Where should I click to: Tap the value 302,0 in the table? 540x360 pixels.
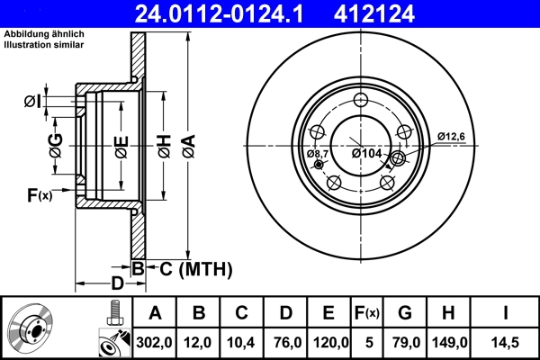click(154, 342)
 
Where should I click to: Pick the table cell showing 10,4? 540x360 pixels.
click(241, 342)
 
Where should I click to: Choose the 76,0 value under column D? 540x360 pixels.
click(285, 342)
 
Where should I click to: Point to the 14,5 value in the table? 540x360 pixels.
click(505, 342)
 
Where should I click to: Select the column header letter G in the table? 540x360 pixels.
click(405, 312)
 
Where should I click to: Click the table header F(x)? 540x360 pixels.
click(366, 312)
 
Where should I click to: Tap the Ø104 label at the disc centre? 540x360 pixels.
click(367, 154)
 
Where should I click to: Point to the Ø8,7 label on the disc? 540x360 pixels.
click(318, 154)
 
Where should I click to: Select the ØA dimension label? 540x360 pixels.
click(187, 144)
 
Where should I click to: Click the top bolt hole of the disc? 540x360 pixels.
click(362, 101)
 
